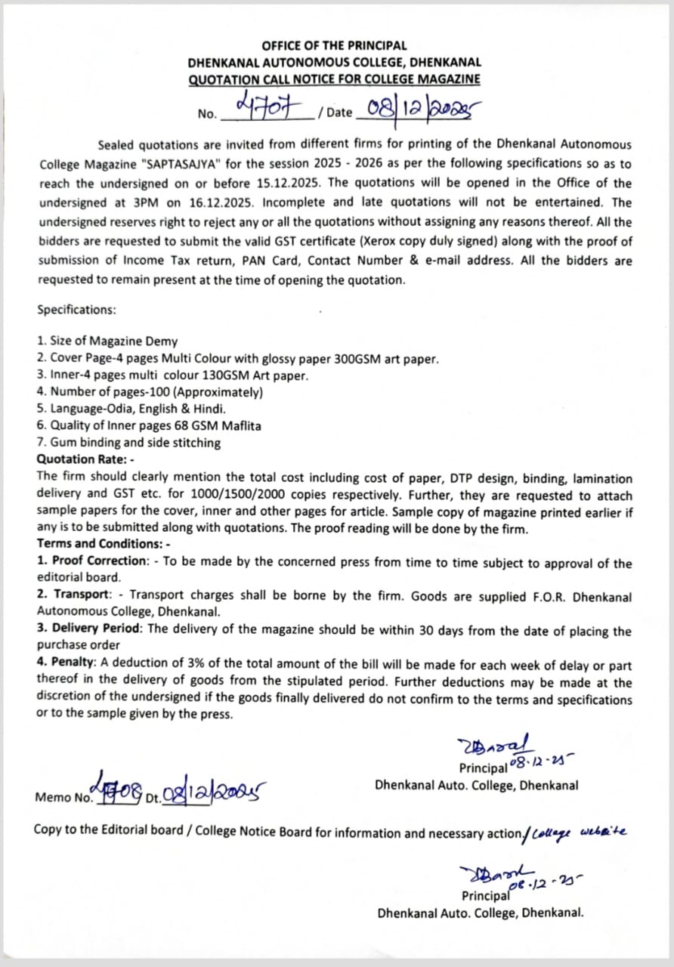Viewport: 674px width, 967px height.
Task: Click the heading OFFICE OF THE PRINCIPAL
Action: pyautogui.click(x=334, y=46)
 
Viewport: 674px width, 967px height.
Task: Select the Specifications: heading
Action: pyautogui.click(x=76, y=310)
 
